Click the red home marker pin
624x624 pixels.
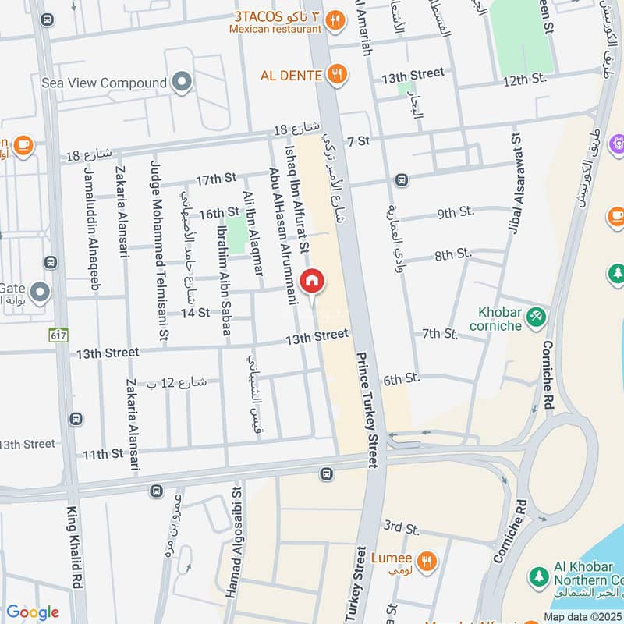(311, 280)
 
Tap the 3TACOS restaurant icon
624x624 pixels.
(335, 21)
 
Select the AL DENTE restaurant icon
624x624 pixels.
(337, 75)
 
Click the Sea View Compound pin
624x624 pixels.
(182, 83)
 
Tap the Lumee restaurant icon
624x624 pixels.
(426, 559)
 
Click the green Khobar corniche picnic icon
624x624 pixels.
(535, 317)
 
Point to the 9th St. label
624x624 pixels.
(456, 212)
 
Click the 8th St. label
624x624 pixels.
(454, 254)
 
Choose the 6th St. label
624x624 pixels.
(402, 379)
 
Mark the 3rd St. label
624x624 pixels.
(402, 528)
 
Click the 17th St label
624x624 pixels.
(215, 179)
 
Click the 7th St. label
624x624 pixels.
(440, 334)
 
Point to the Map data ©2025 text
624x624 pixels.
(582, 617)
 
